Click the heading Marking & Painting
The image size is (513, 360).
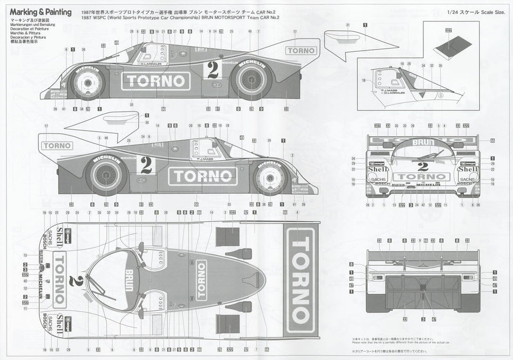[36, 12]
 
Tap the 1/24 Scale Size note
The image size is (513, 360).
[478, 12]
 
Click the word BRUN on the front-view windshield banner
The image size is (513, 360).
[422, 143]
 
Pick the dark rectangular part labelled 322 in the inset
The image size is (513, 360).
[447, 50]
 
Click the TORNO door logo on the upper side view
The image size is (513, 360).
[156, 81]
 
